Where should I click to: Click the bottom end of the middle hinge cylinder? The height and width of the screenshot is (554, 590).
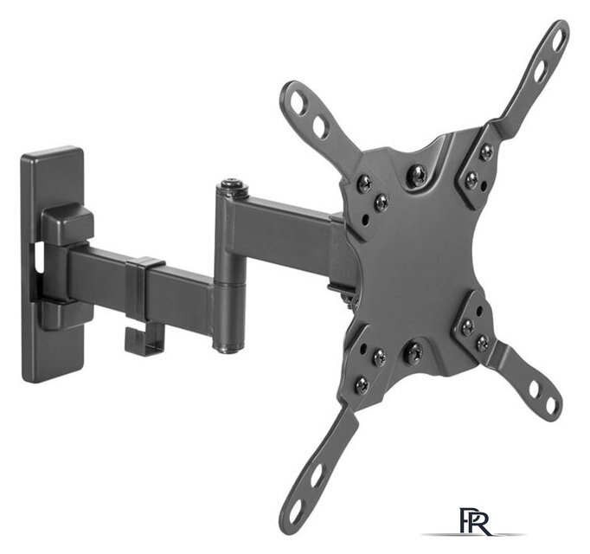228,347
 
